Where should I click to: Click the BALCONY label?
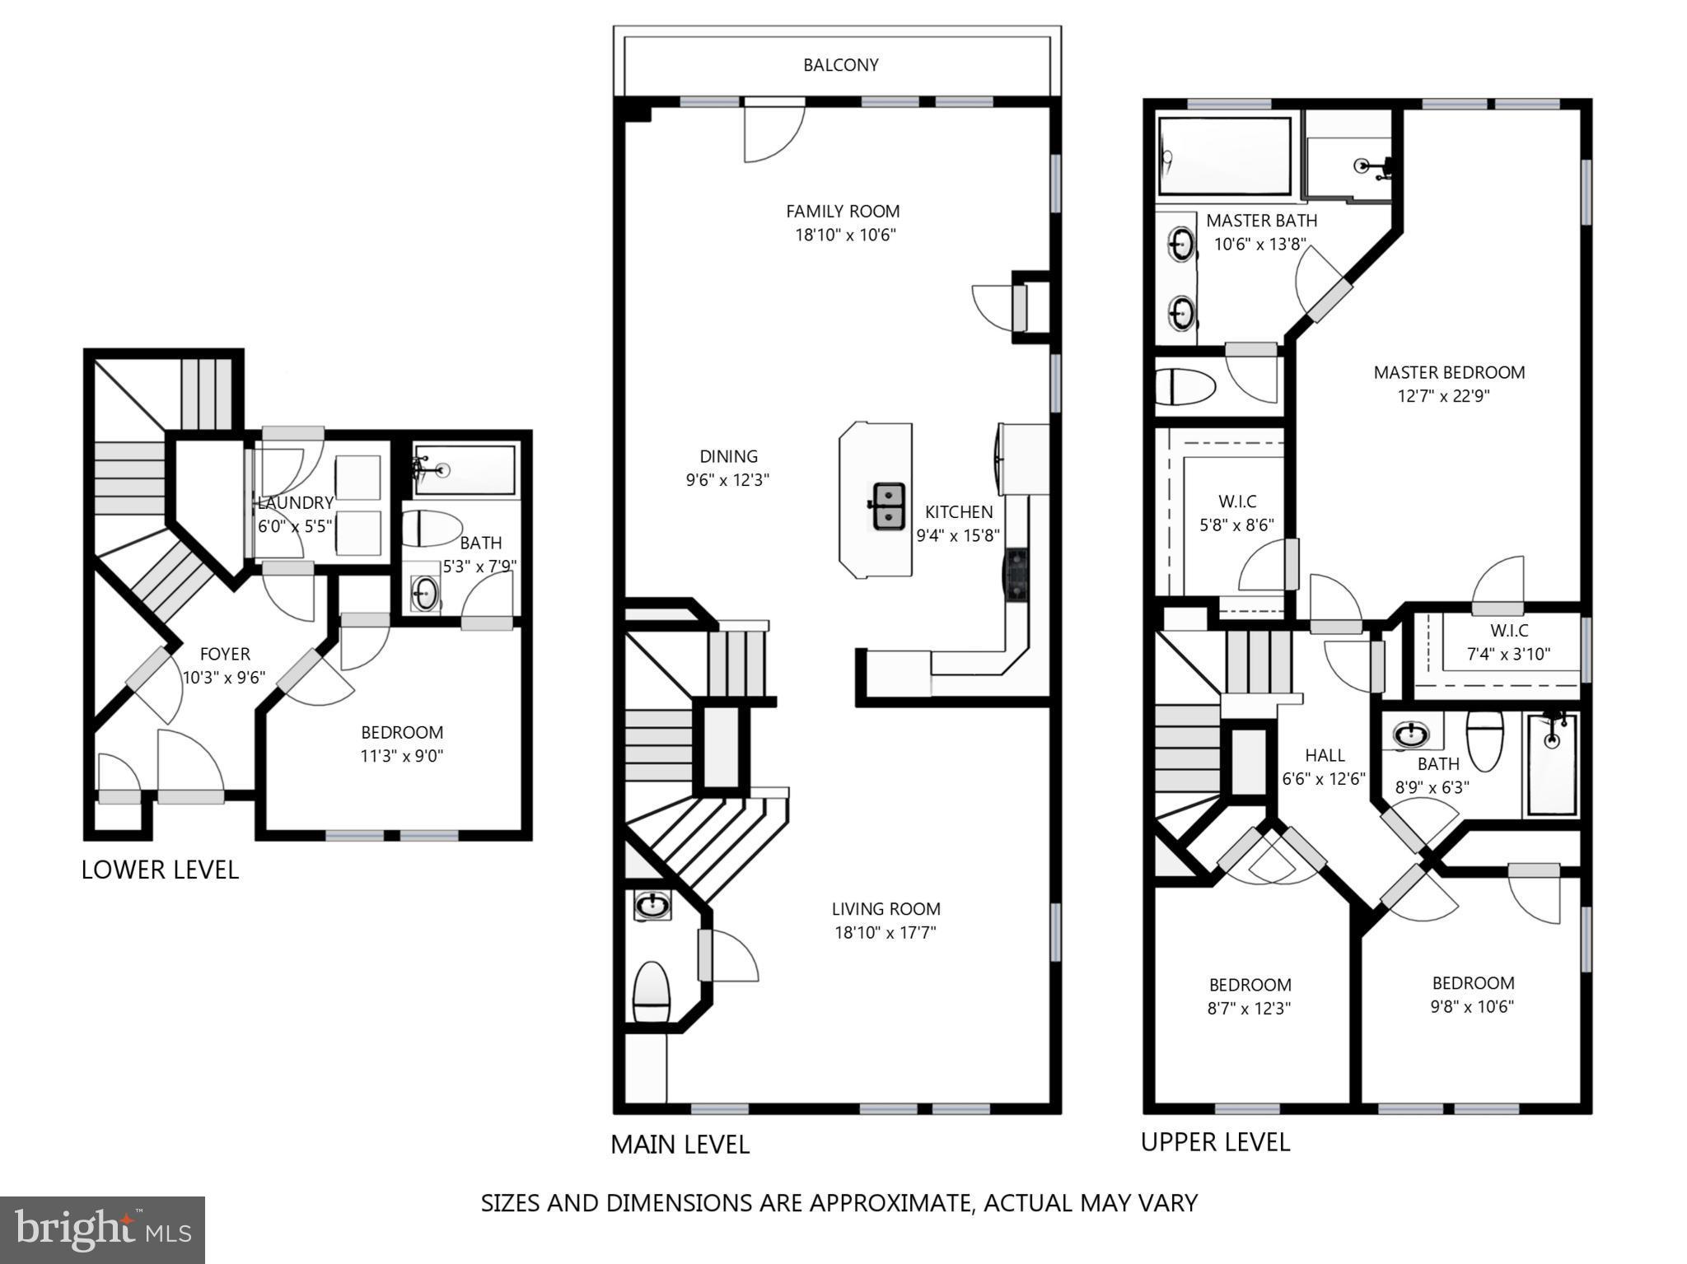pos(840,65)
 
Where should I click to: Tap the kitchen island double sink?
pos(888,506)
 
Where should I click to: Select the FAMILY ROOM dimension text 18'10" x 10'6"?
pos(844,236)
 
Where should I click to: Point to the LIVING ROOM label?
pos(886,909)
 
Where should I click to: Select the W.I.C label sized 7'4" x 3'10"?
pos(1508,631)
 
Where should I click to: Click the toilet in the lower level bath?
pos(432,529)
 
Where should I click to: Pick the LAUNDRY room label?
pos(295,503)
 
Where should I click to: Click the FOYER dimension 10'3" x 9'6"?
pos(224,678)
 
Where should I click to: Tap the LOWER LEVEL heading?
pos(160,870)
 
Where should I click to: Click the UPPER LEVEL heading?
pos(1215,1142)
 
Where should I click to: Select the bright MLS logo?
pos(102,1229)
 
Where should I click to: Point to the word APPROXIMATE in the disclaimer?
pos(891,1203)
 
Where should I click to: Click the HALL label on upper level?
pos(1325,755)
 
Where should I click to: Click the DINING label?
pos(728,456)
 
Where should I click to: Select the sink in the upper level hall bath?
pos(1411,734)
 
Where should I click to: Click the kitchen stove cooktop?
pos(1016,575)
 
